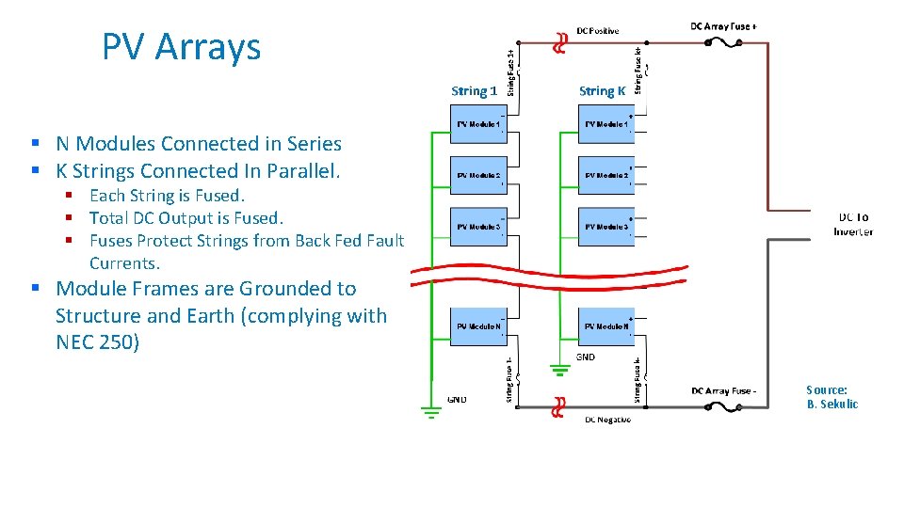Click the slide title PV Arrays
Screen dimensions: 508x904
(181, 47)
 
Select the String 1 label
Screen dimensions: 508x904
(474, 91)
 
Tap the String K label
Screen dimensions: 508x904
(602, 91)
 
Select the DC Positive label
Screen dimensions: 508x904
(598, 31)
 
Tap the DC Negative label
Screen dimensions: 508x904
(607, 419)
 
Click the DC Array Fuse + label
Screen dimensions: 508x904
(722, 26)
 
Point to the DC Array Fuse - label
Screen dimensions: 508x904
(723, 390)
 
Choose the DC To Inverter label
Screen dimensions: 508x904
(853, 224)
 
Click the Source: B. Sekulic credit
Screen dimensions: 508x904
(831, 397)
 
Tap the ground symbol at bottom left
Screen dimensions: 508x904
(432, 410)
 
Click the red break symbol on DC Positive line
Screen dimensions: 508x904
(559, 43)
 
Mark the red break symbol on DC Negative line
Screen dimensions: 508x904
(559, 406)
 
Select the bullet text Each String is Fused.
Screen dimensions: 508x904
(167, 196)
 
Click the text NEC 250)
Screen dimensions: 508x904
(97, 342)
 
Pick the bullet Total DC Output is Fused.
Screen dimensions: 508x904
(186, 218)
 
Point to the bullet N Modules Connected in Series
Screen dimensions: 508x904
(198, 144)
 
